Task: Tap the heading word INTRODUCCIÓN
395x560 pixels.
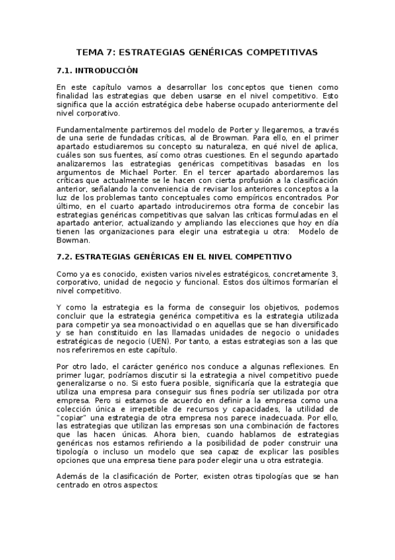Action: pyautogui.click(x=106, y=69)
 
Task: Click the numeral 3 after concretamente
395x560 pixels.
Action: pyautogui.click(x=335, y=273)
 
